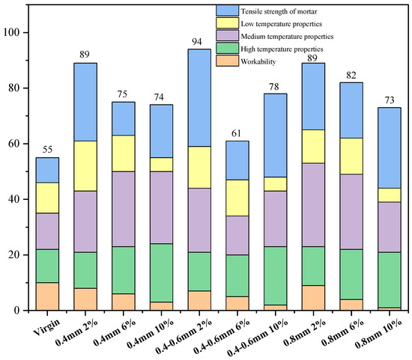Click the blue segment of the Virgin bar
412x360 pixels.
46,170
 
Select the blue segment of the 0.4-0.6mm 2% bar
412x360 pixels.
200,97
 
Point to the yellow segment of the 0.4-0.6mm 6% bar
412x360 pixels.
238,198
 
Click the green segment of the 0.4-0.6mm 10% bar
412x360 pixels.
276,275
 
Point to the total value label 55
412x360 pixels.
46,150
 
